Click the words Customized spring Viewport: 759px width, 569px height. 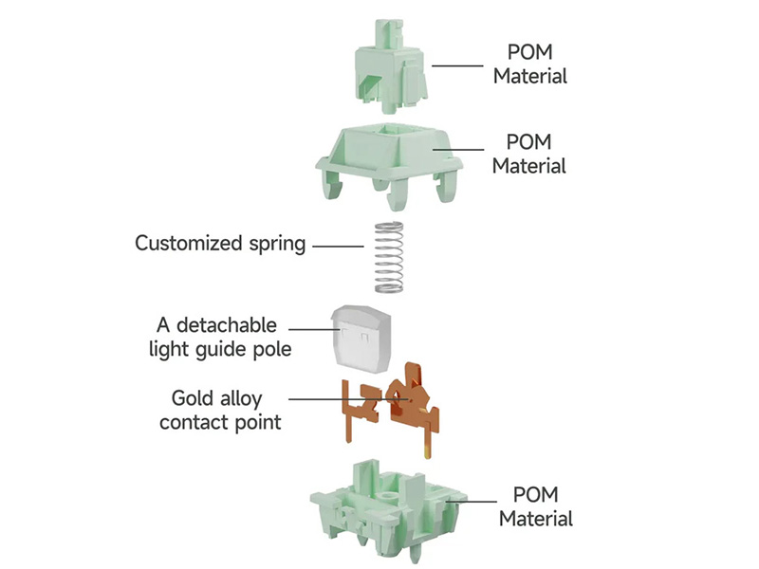(220, 243)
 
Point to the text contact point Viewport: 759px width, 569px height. (220, 422)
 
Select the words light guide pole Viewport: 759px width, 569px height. (220, 349)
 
